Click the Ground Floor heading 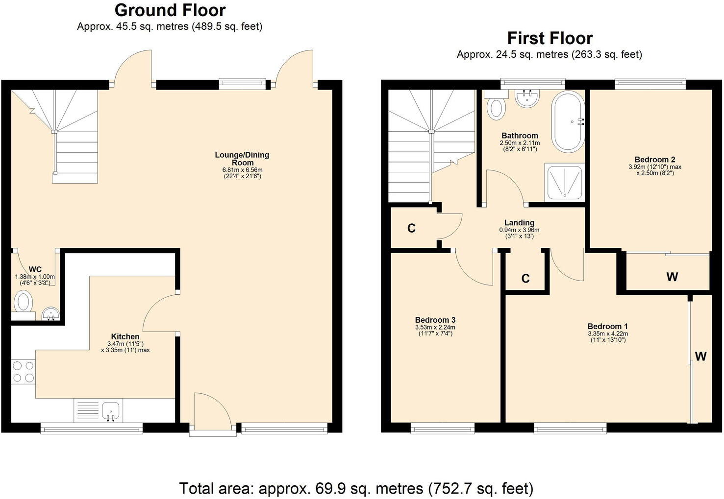[x=170, y=10]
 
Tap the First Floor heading [x=549, y=38]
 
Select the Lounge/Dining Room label [x=242, y=159]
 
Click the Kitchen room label [x=125, y=336]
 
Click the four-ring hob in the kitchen [x=23, y=371]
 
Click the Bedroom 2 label [x=654, y=159]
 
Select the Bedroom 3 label [x=435, y=320]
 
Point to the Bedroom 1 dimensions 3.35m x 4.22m [x=607, y=334]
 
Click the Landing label [x=519, y=222]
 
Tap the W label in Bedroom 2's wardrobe [x=672, y=277]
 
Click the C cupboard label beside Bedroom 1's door [x=525, y=279]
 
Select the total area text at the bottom [x=356, y=488]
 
